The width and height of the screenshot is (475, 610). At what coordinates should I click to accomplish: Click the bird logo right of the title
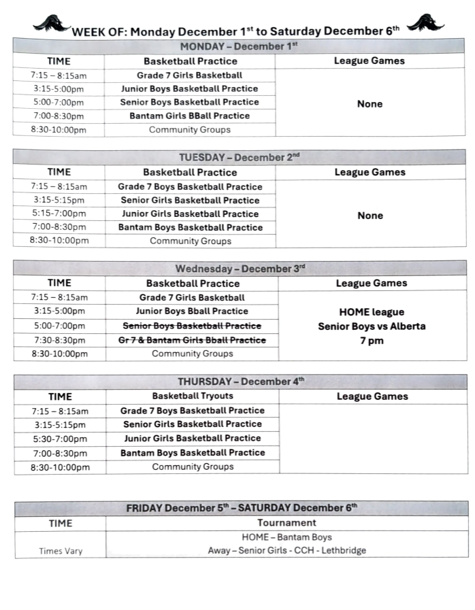pos(425,22)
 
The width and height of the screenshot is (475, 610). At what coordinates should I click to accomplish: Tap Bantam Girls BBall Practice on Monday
pos(190,116)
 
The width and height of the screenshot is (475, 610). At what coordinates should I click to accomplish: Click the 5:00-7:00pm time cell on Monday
pos(59,102)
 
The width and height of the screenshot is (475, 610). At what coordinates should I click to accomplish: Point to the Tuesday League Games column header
pos(370,172)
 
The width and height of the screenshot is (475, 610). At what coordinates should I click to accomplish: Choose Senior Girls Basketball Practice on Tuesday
pos(190,200)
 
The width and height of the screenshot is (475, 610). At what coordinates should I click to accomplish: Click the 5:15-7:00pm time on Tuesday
pos(59,214)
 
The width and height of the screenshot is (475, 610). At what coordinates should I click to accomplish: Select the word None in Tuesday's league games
pos(370,216)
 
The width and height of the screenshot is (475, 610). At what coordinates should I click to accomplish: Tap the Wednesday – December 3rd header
pos(240,269)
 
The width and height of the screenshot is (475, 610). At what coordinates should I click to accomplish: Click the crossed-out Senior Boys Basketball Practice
pos(192,326)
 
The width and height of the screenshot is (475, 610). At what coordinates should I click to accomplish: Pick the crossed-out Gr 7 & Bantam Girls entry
pos(192,340)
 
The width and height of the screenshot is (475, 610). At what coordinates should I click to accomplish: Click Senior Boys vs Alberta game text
pos(372,326)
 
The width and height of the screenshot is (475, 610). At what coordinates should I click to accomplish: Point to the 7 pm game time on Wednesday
pos(372,341)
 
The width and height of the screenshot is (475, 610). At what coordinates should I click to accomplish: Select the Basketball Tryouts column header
pos(193,396)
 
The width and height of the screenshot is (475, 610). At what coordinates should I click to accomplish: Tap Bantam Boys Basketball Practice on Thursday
pos(193,452)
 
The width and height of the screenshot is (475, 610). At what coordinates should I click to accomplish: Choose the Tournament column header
pos(286,523)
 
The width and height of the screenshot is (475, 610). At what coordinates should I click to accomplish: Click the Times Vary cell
pos(60,551)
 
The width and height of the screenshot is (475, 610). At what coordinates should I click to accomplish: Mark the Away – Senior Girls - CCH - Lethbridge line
pos(286,550)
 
